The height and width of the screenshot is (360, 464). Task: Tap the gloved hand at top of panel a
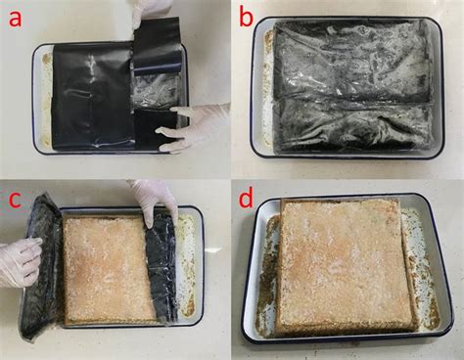151,11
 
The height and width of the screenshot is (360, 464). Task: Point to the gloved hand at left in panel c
18,260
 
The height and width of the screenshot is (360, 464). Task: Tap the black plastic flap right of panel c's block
162,270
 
